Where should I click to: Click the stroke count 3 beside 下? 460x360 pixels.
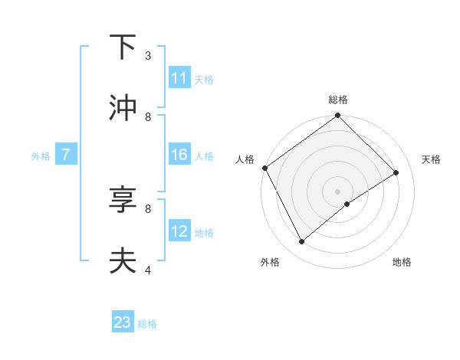[x=148, y=56]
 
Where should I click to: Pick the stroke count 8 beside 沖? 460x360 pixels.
[x=148, y=116]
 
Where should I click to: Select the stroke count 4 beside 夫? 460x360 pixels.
[x=148, y=270]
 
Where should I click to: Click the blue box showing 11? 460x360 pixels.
[x=179, y=78]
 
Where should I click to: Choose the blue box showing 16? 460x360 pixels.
[x=179, y=155]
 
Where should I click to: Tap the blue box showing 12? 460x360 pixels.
[x=179, y=231]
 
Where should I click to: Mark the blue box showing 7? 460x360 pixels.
[x=66, y=155]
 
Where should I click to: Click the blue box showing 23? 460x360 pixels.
[x=123, y=323]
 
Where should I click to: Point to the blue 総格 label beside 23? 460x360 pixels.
[x=147, y=324]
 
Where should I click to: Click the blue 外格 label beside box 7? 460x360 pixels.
[x=41, y=155]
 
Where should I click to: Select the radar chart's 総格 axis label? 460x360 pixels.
[x=338, y=100]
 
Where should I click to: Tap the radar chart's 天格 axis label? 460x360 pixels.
[x=432, y=159]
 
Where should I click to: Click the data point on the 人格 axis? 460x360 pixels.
[x=264, y=168]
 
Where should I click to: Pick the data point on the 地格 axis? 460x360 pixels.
[x=347, y=204]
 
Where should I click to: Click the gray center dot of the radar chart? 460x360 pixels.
[x=338, y=191]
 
